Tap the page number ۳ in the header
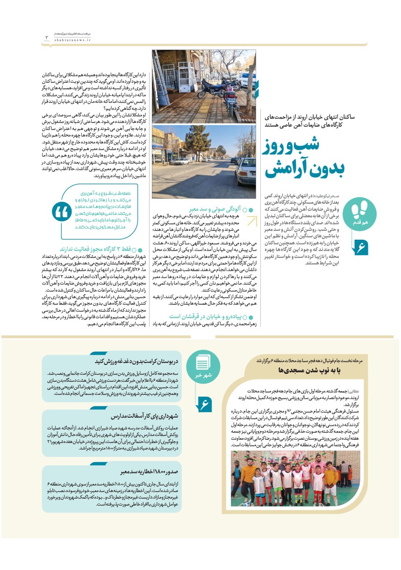(x=47, y=37)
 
